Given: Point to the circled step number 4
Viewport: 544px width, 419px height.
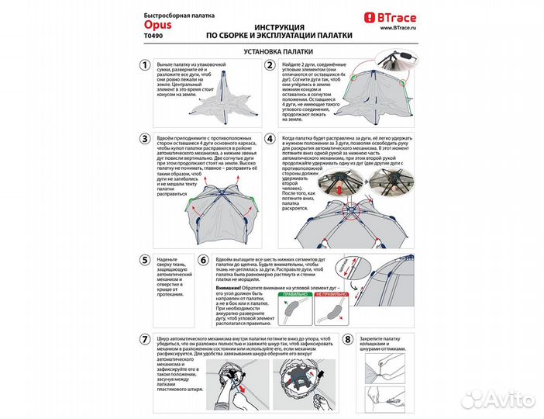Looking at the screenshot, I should tap(270, 140).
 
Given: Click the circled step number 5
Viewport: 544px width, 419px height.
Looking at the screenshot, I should tap(145, 261).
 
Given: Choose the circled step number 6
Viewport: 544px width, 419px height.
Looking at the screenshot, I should tap(204, 261).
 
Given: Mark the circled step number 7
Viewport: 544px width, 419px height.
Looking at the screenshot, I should tap(145, 340).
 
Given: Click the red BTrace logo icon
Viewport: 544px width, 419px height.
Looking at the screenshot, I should tap(370, 16).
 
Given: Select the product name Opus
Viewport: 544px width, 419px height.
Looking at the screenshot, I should tap(156, 24).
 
